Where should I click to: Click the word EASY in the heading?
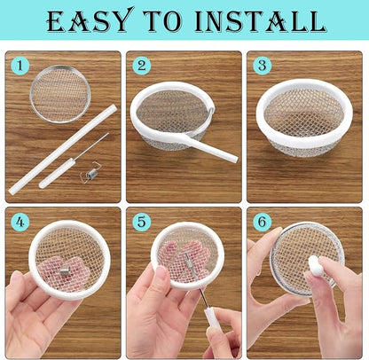coord(89,20)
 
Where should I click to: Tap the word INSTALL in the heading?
coord(261,21)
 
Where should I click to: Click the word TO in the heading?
coord(163,21)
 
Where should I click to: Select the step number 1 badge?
coord(20,66)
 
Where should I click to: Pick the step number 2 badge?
coord(142,66)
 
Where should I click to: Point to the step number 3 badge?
coord(263,66)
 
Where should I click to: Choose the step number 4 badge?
coord(20,223)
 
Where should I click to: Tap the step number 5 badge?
coord(142,222)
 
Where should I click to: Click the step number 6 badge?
coord(263,222)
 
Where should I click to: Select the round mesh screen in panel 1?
coord(60,94)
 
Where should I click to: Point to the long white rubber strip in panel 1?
coord(63,149)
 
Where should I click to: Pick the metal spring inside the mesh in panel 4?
coord(65,271)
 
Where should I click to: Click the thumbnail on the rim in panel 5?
coord(161,273)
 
